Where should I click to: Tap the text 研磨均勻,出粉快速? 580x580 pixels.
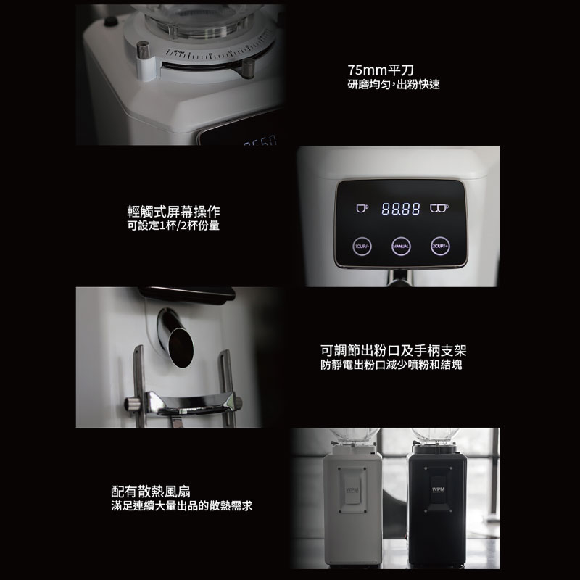click(394, 86)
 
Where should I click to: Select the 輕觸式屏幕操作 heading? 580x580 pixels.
click(173, 211)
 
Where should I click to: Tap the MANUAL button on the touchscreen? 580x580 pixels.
click(401, 246)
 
